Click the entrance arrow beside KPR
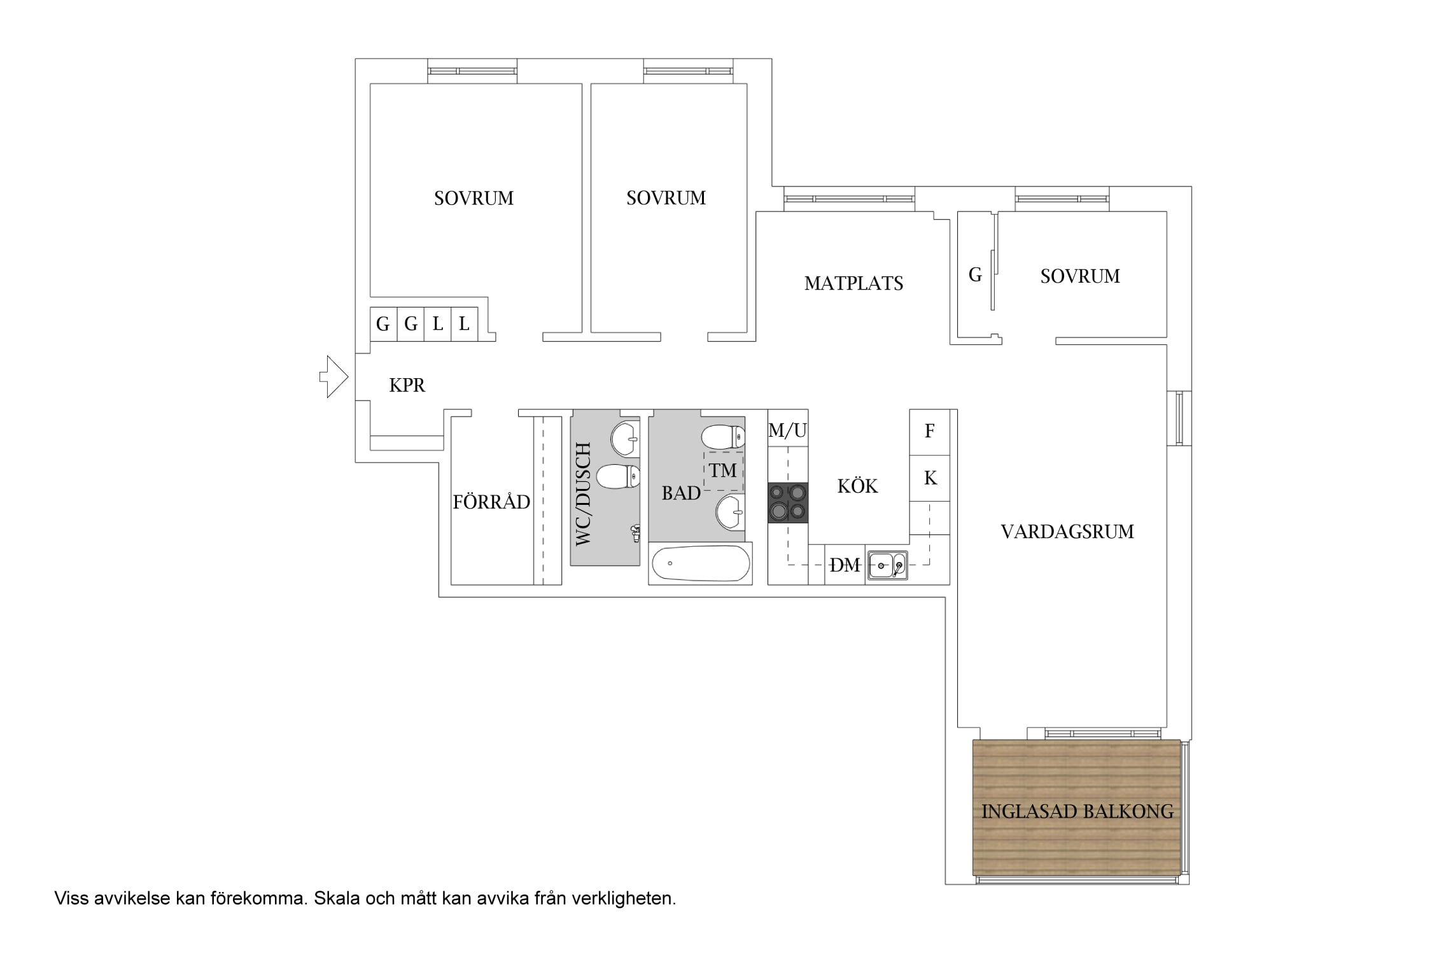[x=333, y=377]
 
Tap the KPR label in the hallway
[x=407, y=385]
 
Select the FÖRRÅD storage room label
[x=491, y=502]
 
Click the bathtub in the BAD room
[x=700, y=563]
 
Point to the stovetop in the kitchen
[x=788, y=503]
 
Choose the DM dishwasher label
[x=845, y=565]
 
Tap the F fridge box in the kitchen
[x=929, y=432]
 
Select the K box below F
[x=929, y=478]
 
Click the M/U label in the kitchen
[x=788, y=431]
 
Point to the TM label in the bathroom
[x=723, y=470]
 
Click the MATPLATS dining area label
[x=854, y=283]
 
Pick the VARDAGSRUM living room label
[x=1067, y=532]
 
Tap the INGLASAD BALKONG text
[x=1078, y=812]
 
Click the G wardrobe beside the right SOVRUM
[x=976, y=275]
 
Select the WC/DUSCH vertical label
[x=583, y=494]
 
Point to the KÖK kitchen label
[x=857, y=486]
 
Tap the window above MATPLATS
[x=849, y=199]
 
